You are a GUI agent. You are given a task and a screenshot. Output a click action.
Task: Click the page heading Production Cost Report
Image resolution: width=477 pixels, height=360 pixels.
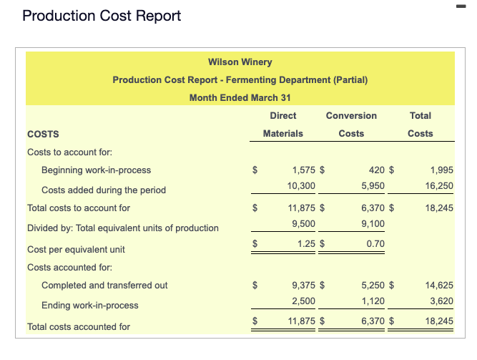(x=102, y=16)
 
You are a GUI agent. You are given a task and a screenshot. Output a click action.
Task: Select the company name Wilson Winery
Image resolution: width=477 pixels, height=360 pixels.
(x=240, y=62)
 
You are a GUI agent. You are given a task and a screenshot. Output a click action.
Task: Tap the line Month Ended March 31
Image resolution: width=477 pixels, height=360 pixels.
(x=240, y=97)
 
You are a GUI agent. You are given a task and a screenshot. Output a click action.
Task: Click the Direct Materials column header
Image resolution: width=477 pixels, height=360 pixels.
(x=283, y=124)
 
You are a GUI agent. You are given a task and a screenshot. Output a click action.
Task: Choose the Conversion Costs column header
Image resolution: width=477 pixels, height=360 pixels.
(x=351, y=124)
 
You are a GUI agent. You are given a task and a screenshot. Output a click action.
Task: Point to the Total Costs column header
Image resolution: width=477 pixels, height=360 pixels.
(x=421, y=124)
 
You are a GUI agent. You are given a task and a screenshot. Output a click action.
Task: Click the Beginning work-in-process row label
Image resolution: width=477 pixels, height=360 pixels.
(x=96, y=170)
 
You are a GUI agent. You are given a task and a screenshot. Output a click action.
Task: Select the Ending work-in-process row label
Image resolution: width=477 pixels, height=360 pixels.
(x=90, y=305)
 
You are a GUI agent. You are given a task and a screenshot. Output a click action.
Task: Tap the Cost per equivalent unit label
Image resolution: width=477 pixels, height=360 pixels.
(x=76, y=249)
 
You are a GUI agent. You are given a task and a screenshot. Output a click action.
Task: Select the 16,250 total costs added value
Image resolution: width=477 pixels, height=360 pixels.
(x=439, y=185)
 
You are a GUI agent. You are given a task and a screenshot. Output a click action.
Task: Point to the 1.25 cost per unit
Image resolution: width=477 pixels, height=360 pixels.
(x=307, y=244)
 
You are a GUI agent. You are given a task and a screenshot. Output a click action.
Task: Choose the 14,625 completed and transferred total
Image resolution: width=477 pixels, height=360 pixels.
(x=439, y=285)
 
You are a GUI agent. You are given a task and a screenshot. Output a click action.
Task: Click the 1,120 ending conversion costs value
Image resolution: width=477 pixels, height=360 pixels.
(x=373, y=300)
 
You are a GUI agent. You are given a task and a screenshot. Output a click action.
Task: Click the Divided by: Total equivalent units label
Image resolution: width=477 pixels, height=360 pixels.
(x=123, y=228)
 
